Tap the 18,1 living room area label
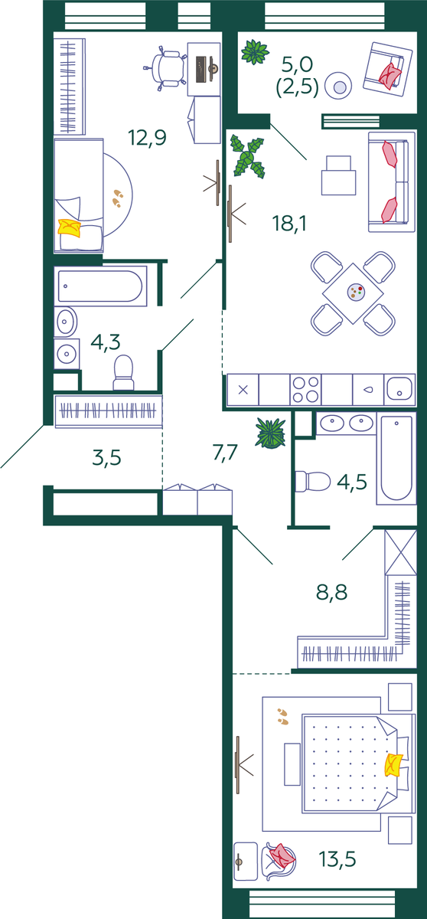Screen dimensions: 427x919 289,224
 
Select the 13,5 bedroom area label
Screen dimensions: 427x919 337,858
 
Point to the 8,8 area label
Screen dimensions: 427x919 331,592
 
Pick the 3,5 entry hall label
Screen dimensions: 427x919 106,457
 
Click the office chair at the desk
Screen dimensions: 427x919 166,68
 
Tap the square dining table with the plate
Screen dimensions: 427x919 353,293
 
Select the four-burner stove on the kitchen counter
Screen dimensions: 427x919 305,389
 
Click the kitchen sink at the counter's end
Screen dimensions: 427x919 399,389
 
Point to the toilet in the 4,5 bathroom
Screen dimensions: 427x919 313,481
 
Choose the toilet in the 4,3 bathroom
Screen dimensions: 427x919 123,372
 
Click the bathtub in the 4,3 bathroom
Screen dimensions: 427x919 100,286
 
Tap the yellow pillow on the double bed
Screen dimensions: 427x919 393,765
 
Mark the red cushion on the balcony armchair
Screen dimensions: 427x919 390,76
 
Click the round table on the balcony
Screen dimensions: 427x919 338,86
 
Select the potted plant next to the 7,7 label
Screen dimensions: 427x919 270,433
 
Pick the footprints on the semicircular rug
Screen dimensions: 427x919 118,198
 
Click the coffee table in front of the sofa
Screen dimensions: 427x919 338,175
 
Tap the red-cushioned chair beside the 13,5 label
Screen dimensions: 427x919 280,859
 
